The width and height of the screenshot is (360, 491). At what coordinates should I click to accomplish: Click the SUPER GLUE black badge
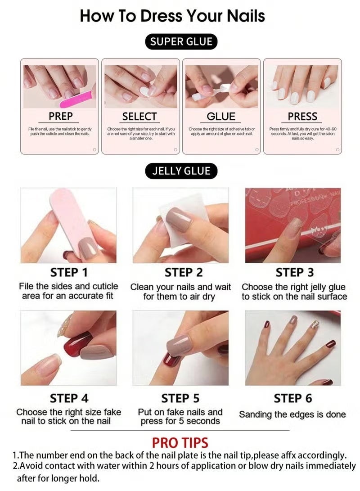(181, 42)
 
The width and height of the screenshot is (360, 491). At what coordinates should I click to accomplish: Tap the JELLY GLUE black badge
(181, 171)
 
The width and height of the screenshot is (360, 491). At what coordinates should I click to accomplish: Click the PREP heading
(61, 117)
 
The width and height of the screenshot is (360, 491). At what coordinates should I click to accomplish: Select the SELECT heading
(139, 117)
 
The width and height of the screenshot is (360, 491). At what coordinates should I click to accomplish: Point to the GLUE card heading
(221, 117)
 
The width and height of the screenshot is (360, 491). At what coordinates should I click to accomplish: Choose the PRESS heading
(302, 117)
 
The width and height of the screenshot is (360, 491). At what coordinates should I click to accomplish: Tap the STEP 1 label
(69, 273)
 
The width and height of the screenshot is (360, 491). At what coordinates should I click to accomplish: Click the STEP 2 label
(180, 273)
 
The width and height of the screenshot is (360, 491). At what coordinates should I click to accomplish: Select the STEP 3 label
(294, 273)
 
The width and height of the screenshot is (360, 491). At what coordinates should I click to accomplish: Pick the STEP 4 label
(69, 398)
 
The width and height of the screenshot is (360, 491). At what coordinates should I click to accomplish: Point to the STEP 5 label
(180, 398)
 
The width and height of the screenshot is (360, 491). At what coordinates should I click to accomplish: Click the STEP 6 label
(293, 398)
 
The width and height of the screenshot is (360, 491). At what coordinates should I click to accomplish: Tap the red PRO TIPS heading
(180, 442)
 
